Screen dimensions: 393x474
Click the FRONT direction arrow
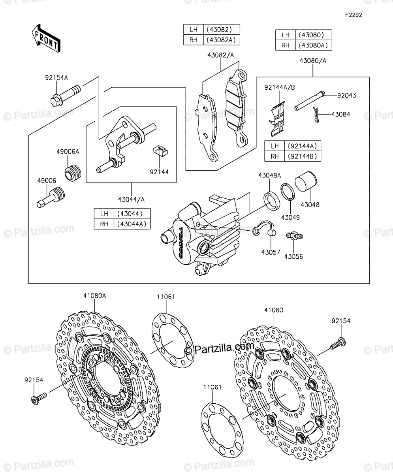(x=46, y=38)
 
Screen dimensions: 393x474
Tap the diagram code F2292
(x=354, y=15)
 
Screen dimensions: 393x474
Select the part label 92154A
(x=56, y=78)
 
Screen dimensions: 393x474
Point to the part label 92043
(x=347, y=95)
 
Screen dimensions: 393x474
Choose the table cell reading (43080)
(x=314, y=35)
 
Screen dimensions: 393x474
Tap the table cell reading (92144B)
(x=303, y=156)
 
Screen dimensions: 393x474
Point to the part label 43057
(x=271, y=252)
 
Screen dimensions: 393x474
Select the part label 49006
(x=47, y=181)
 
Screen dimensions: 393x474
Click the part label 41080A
(x=94, y=295)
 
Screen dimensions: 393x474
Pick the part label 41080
(x=274, y=310)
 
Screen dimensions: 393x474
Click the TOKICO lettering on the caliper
(x=181, y=243)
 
